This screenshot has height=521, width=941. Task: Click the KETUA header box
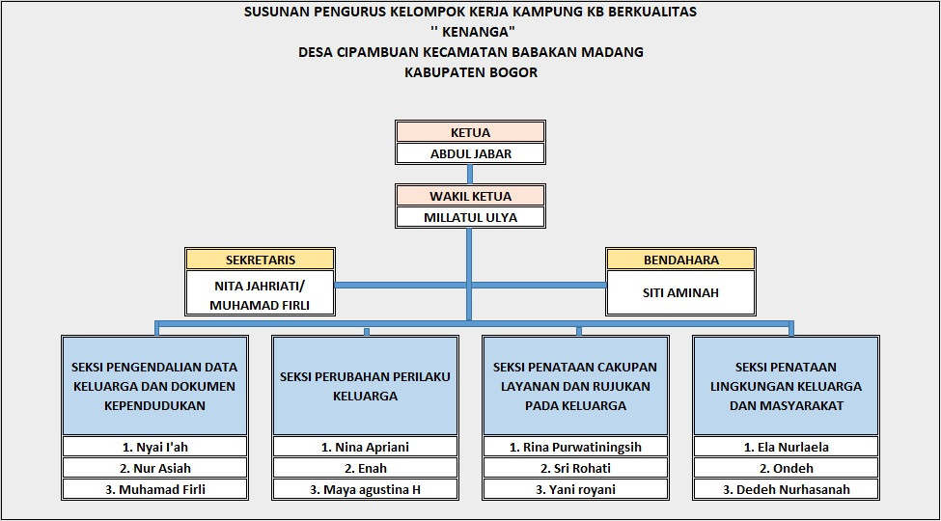(x=470, y=132)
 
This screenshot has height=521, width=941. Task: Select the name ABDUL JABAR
(x=470, y=153)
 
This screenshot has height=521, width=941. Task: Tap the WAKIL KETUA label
(x=470, y=196)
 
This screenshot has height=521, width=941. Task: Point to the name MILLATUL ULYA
(x=470, y=217)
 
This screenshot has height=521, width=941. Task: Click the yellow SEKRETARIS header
(x=261, y=260)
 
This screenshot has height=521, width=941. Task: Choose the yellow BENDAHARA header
(x=680, y=260)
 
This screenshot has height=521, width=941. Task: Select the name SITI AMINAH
(x=680, y=292)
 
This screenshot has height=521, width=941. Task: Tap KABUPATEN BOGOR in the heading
(x=471, y=72)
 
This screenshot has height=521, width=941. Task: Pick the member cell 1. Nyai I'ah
(x=155, y=447)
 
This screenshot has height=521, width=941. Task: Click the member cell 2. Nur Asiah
(x=155, y=468)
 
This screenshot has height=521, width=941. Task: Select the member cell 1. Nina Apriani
(x=366, y=447)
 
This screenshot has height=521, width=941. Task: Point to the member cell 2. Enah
(x=366, y=468)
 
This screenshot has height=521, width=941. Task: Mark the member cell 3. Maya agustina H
(x=366, y=489)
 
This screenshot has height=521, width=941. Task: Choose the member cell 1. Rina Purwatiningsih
(x=576, y=447)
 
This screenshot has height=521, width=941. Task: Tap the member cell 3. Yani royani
(x=576, y=489)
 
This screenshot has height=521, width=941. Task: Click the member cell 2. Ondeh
(x=787, y=468)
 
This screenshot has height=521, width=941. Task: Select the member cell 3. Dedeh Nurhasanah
(x=787, y=489)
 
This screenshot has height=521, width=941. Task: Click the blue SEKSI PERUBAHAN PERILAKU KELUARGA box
(x=366, y=386)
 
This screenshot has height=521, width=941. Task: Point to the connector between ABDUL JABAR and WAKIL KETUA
(x=470, y=175)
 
